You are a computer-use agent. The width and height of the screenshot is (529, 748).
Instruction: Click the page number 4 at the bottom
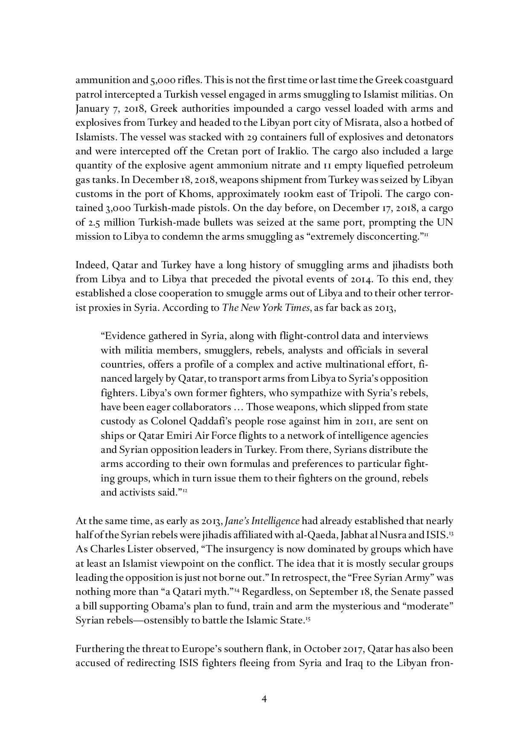(264, 699)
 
